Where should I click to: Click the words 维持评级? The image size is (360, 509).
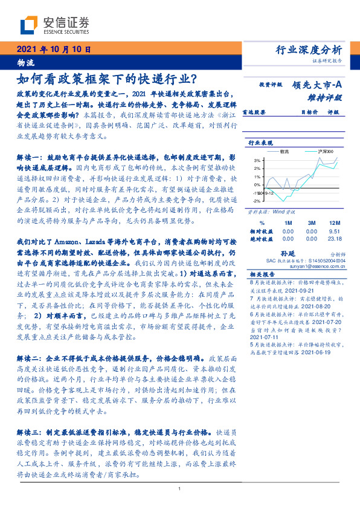[328, 97]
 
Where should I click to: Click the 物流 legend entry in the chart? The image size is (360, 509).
[286, 152]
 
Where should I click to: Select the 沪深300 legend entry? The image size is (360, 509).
[326, 152]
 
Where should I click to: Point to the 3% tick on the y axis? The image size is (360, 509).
[257, 160]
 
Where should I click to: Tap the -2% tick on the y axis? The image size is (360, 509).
[257, 200]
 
